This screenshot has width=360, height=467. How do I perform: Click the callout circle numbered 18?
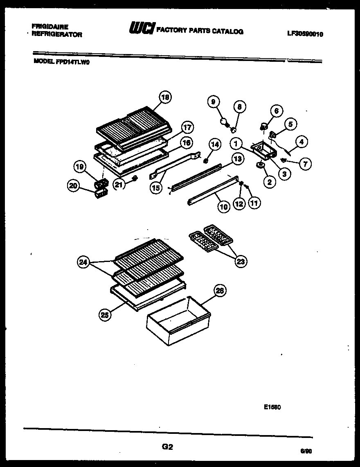[x=165, y=97]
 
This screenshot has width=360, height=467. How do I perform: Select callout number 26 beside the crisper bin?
[x=220, y=291]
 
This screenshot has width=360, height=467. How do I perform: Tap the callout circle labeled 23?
[x=241, y=260]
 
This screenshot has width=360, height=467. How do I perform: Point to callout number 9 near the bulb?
[x=214, y=102]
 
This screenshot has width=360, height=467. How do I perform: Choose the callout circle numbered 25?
[x=105, y=314]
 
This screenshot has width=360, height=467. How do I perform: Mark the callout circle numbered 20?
[x=74, y=186]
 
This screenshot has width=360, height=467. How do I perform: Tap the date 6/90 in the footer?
[x=305, y=451]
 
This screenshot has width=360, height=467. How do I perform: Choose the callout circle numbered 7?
[x=305, y=164]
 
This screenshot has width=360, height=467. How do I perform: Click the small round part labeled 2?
[x=259, y=165]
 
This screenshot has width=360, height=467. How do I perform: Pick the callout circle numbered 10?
[x=224, y=207]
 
